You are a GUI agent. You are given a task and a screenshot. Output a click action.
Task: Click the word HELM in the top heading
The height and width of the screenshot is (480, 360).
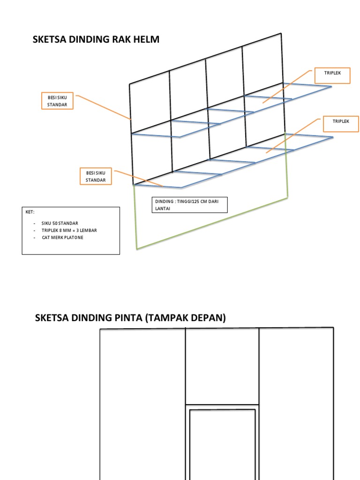click(146, 40)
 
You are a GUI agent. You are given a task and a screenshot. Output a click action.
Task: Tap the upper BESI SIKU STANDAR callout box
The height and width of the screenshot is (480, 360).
click(57, 101)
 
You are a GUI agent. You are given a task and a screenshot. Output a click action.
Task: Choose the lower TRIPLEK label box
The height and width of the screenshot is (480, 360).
click(341, 124)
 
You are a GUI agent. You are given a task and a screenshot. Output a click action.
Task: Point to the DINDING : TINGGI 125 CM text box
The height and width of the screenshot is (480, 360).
click(190, 205)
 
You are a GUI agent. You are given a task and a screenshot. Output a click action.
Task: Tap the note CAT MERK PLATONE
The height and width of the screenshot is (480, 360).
click(62, 238)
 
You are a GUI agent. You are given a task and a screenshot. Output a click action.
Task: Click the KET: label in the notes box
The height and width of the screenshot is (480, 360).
click(30, 212)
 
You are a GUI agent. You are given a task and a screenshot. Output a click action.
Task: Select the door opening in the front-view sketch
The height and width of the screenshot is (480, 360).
click(222, 445)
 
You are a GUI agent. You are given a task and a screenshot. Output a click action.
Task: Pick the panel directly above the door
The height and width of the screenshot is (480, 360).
click(222, 366)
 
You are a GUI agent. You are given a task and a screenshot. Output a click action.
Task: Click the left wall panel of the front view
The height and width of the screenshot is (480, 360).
click(142, 403)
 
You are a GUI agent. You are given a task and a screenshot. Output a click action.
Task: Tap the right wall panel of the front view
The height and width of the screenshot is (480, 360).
click(296, 403)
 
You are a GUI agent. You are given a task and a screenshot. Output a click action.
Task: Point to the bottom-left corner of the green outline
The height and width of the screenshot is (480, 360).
click(137, 248)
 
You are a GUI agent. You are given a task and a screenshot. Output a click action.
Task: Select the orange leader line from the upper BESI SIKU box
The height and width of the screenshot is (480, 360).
click(103, 107)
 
